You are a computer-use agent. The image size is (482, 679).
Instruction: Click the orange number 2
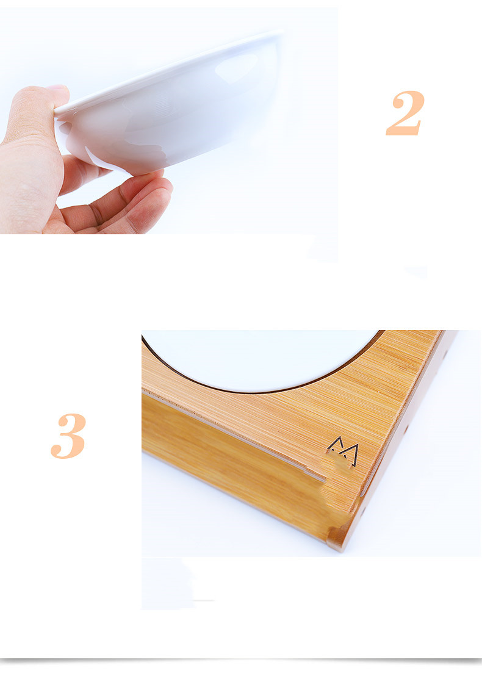405,113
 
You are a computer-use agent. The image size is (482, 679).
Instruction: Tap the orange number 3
68,436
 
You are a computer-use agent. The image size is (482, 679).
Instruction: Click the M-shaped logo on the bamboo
344,450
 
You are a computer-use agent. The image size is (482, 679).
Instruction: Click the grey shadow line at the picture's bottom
241,660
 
